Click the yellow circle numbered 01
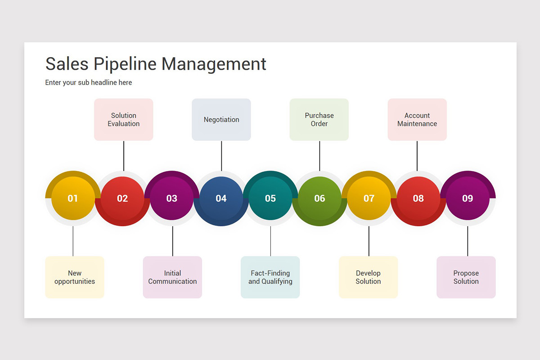(73, 198)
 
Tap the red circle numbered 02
(122, 198)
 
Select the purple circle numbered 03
(172, 198)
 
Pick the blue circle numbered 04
(221, 198)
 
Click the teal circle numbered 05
(270, 198)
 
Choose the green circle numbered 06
(319, 198)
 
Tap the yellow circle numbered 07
(369, 198)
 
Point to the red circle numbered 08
(418, 198)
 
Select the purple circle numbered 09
(468, 198)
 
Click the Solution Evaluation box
(124, 120)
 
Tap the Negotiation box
(221, 120)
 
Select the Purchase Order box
(319, 120)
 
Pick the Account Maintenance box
(417, 120)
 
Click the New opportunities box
(75, 277)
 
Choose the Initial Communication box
(172, 277)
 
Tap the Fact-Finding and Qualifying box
(270, 277)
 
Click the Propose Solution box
(466, 277)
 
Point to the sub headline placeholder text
(89, 83)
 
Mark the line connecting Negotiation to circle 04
(221, 156)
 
